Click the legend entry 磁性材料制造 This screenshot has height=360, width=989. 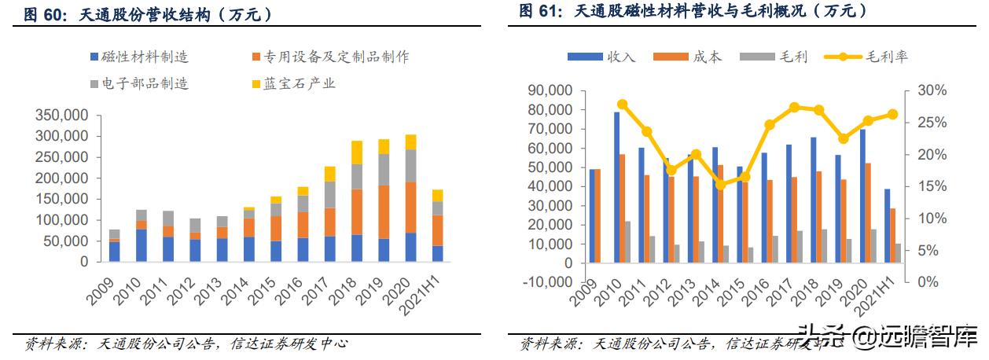139,57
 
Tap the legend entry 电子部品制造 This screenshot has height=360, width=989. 139,83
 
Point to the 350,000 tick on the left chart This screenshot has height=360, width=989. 61,115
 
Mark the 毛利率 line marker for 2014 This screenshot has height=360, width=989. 721,185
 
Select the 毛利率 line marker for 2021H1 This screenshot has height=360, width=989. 892,114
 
